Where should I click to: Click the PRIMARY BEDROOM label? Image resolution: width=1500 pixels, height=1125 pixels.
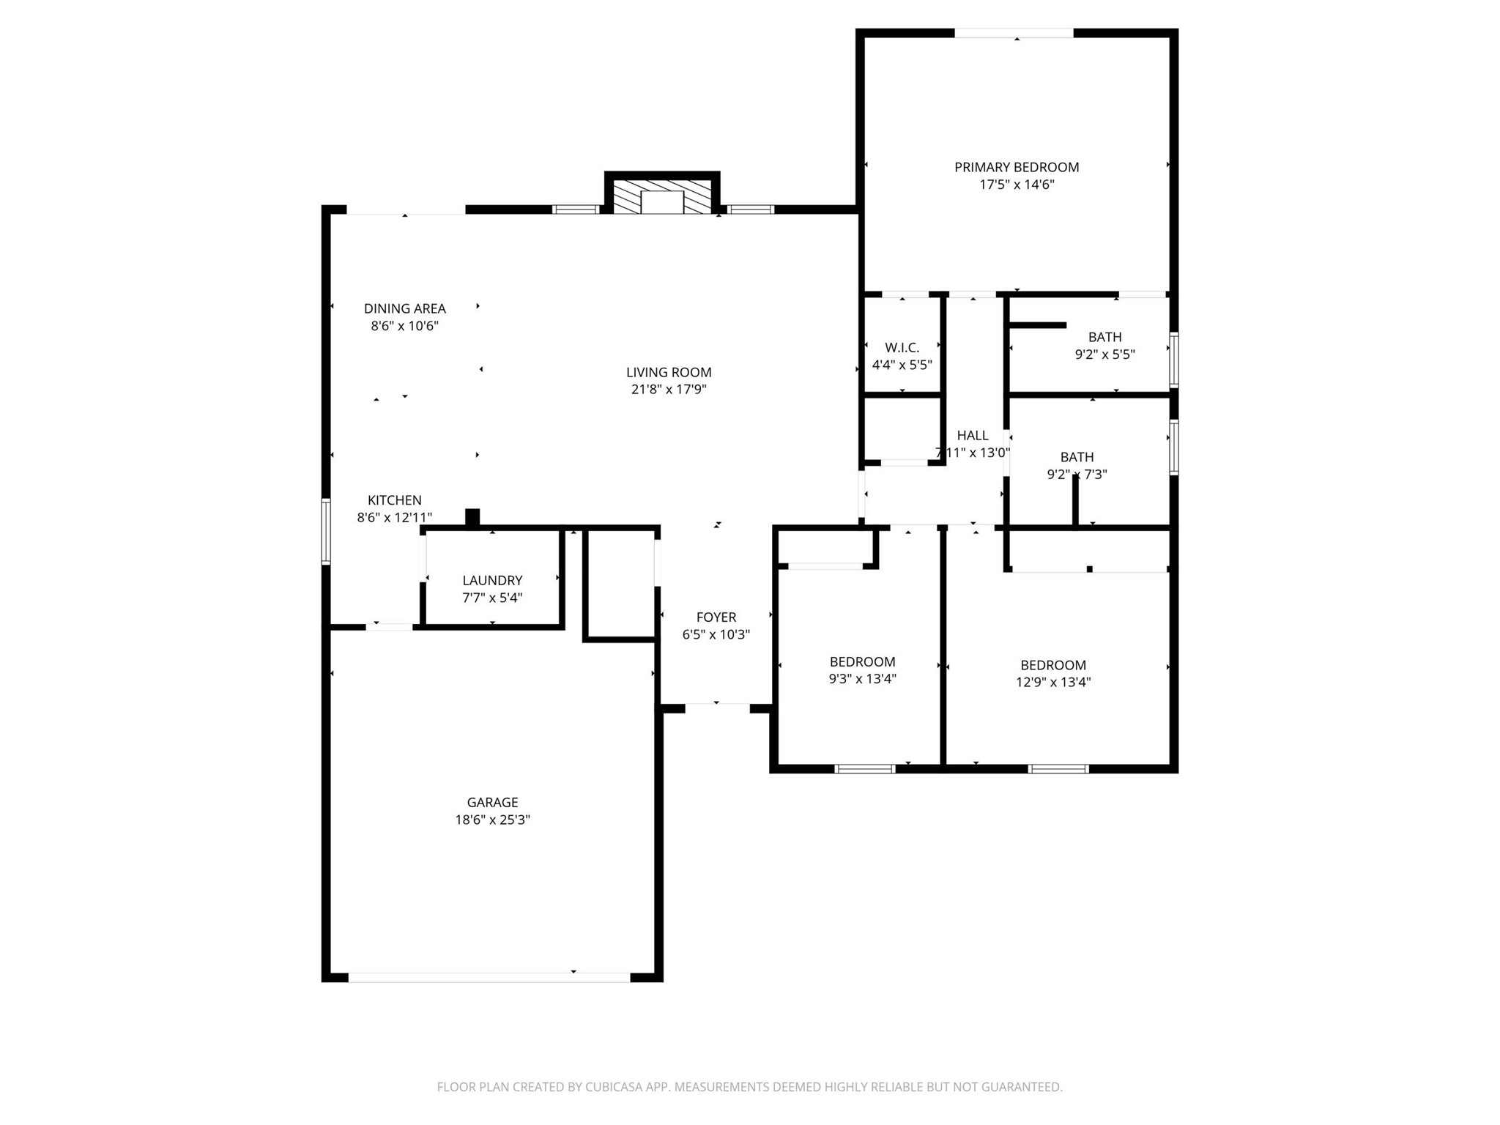pyautogui.click(x=1017, y=167)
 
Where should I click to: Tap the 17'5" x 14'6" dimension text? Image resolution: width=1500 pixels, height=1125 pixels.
pyautogui.click(x=1017, y=185)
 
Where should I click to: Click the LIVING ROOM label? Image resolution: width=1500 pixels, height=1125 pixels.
pyautogui.click(x=669, y=372)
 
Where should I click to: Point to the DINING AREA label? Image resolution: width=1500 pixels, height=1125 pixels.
pyautogui.click(x=405, y=308)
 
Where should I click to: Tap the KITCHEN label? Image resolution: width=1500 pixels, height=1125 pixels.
pyautogui.click(x=395, y=500)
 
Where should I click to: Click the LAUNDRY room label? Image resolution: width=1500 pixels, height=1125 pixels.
pyautogui.click(x=492, y=580)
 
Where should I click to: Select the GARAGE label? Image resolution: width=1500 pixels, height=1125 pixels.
pyautogui.click(x=492, y=802)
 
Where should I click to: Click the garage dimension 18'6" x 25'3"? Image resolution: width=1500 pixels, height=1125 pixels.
pyautogui.click(x=492, y=820)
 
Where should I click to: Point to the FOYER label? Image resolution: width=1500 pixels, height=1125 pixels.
pyautogui.click(x=716, y=617)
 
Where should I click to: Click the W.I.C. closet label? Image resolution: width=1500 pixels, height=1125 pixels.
pyautogui.click(x=902, y=347)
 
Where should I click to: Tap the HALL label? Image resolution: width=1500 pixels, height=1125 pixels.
pyautogui.click(x=973, y=435)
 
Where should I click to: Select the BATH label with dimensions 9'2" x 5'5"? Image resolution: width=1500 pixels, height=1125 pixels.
pyautogui.click(x=1104, y=337)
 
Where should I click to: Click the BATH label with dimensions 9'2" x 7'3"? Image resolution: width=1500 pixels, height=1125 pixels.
pyautogui.click(x=1077, y=456)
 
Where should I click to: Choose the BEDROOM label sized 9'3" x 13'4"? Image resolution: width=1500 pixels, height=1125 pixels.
pyautogui.click(x=862, y=661)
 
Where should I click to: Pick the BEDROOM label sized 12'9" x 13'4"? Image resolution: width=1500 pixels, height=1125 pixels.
pyautogui.click(x=1053, y=665)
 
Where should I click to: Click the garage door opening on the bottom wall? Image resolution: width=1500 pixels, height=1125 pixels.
pyautogui.click(x=489, y=977)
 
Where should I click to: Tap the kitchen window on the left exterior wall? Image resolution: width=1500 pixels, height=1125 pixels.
pyautogui.click(x=326, y=531)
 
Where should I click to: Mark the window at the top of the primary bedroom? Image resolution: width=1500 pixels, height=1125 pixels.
pyautogui.click(x=1014, y=33)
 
